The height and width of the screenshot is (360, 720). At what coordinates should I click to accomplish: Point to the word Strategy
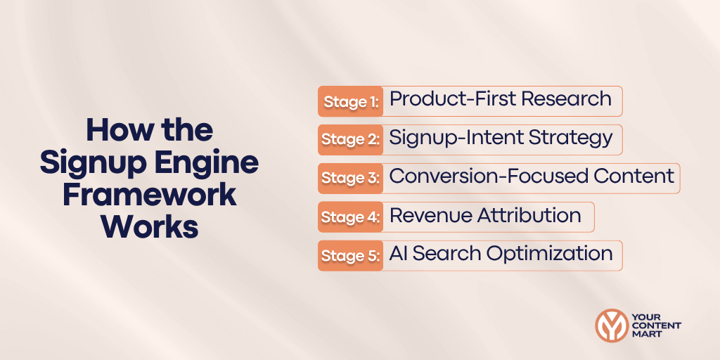point(568,137)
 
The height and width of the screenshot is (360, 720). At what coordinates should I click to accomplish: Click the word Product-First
point(444,99)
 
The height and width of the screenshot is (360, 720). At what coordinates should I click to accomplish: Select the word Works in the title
point(149,227)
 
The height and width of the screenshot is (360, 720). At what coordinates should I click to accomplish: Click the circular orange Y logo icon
point(611,326)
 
